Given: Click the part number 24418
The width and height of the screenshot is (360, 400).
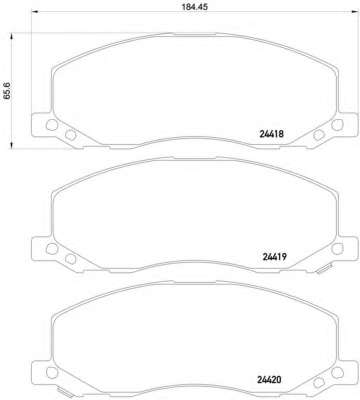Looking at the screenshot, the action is pos(271,134).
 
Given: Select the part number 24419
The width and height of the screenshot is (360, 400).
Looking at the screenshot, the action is pos(275,257).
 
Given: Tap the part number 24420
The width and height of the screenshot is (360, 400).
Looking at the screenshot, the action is pos(269,379).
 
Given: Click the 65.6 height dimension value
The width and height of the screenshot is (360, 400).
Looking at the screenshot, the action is pos(7,91).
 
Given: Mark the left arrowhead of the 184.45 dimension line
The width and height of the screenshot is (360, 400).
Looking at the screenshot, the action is pos(34,13).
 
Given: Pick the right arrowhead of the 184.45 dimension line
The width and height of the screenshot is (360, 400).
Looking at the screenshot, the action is pos(356,13).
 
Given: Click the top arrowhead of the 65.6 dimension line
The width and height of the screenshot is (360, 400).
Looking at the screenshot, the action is pos(12,36).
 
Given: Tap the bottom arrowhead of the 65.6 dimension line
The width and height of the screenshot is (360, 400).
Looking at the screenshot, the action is pos(12,144).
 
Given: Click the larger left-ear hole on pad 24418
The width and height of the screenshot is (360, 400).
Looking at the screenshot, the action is pos(51,125).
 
